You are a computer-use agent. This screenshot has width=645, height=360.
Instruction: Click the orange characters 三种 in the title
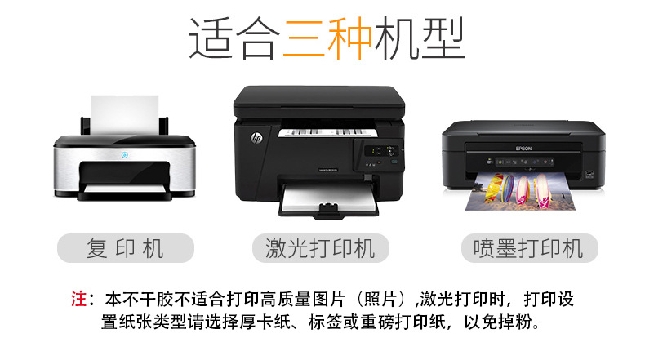(327, 39)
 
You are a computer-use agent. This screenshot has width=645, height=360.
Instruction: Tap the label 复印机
(125, 248)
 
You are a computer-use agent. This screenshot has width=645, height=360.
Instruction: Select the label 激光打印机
(321, 248)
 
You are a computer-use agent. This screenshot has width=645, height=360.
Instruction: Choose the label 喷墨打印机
(523, 248)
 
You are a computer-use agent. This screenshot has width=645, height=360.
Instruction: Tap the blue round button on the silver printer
(124, 154)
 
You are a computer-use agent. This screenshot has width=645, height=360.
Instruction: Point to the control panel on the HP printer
(381, 151)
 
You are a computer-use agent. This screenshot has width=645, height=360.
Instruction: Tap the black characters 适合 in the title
(235, 39)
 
